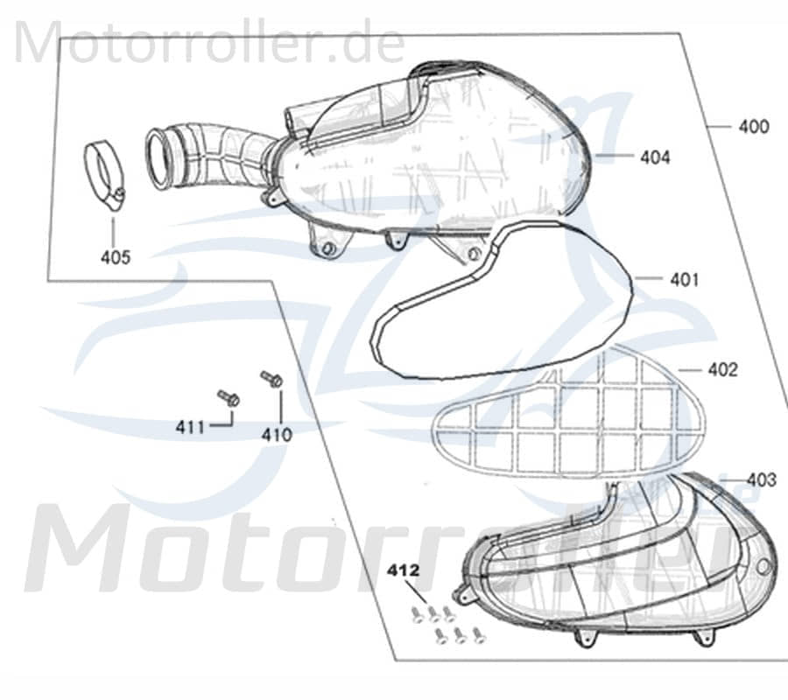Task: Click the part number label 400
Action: (x=753, y=127)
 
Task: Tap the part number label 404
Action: (x=655, y=157)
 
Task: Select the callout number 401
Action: (x=685, y=280)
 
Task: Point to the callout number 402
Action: (x=722, y=370)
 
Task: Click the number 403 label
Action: (x=762, y=480)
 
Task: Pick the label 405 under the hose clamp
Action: (x=116, y=257)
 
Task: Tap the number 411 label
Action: (x=190, y=427)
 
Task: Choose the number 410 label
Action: (x=277, y=435)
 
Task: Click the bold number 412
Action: (x=403, y=570)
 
